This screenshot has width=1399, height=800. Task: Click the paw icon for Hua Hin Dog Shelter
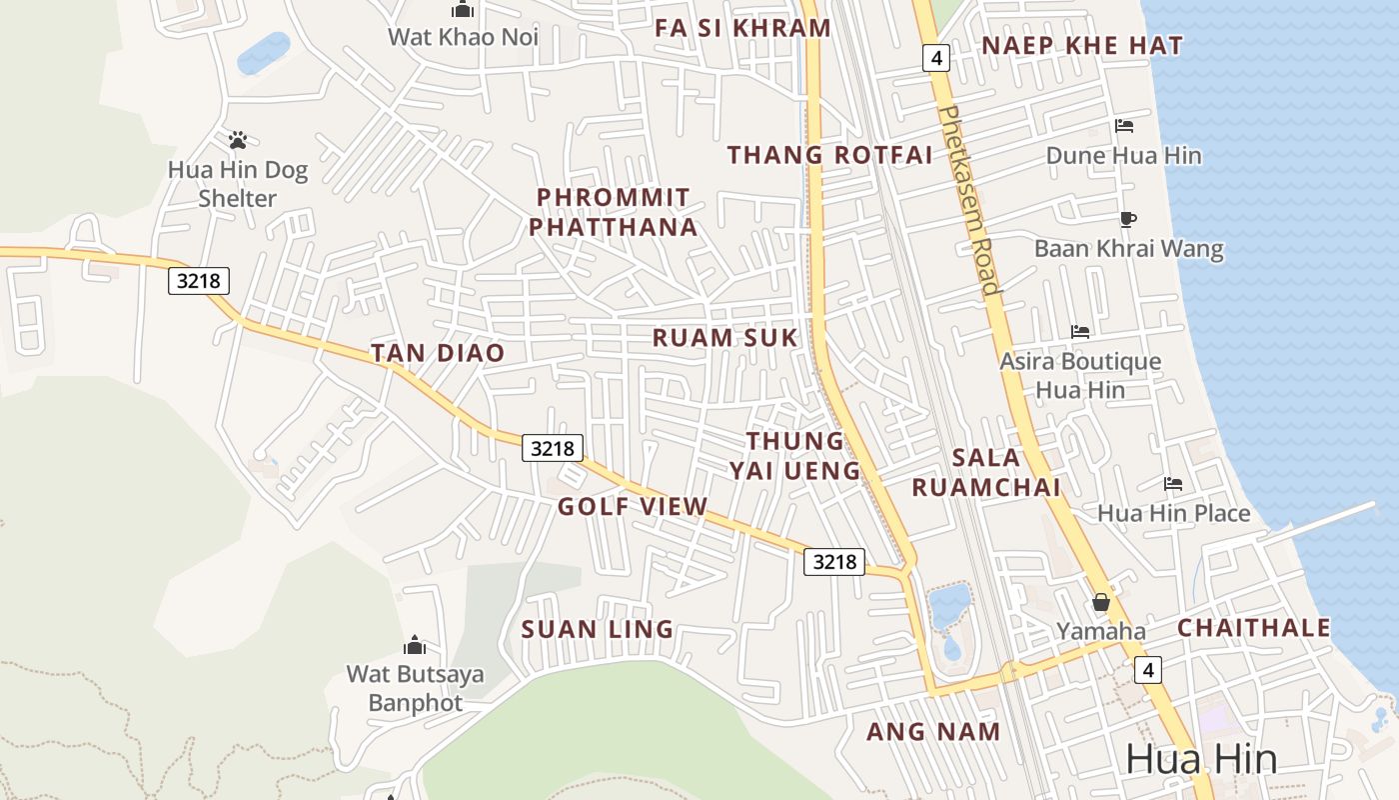238,140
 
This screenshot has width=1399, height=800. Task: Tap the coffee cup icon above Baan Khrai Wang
1128,219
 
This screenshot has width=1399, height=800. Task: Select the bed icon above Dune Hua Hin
1124,126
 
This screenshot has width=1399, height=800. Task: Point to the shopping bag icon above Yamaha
1101,602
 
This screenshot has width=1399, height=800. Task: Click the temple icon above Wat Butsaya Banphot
415,645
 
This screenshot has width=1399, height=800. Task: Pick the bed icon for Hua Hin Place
1173,484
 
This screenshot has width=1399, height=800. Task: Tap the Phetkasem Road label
970,200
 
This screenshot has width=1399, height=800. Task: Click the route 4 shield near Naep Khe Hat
936,58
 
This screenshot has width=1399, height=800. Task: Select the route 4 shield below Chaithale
1148,669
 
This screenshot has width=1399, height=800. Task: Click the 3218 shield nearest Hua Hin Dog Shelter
198,281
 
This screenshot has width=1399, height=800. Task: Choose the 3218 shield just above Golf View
553,448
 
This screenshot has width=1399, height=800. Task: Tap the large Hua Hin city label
1201,760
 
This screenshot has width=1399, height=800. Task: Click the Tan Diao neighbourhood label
438,353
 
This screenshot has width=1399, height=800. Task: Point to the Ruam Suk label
725,338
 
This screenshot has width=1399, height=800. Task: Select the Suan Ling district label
598,630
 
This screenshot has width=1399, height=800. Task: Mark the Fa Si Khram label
743,28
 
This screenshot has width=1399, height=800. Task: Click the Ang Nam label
933,732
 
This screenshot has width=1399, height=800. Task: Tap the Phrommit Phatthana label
614,212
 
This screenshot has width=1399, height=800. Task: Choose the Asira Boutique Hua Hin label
1080,375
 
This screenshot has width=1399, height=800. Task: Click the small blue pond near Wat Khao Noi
264,53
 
